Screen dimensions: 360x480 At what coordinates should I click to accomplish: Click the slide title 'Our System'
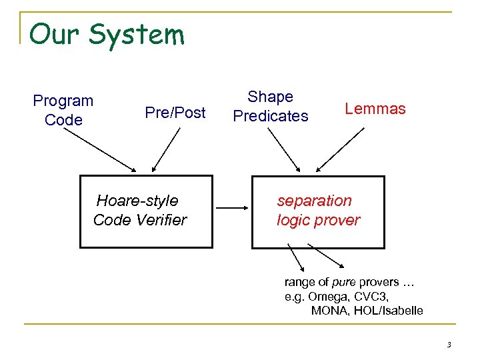coord(107,35)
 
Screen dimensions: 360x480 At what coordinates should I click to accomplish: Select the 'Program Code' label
coord(63,111)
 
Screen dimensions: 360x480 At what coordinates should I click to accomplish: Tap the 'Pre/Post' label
coord(175,113)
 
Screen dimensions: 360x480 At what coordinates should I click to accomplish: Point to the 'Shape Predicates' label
coord(271,107)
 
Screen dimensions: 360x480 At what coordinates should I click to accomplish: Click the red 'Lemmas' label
coord(375,109)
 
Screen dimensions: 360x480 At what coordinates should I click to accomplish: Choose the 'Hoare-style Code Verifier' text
coord(139,210)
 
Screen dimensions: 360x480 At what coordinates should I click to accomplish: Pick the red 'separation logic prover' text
coord(318,210)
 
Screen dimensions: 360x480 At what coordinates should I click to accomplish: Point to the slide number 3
coord(449,345)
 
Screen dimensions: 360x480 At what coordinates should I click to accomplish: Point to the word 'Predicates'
coord(271,116)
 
